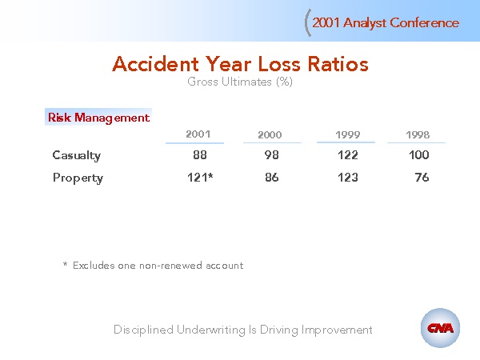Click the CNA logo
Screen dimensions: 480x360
pyautogui.click(x=440, y=328)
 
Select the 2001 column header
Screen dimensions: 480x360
pyautogui.click(x=198, y=134)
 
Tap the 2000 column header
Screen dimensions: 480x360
pyautogui.click(x=270, y=134)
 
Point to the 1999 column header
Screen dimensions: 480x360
pyautogui.click(x=348, y=134)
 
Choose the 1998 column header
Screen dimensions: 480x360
pyautogui.click(x=418, y=134)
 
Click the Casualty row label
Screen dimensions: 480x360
pyautogui.click(x=77, y=155)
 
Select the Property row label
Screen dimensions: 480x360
pyautogui.click(x=78, y=178)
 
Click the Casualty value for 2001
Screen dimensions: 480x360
pyautogui.click(x=200, y=155)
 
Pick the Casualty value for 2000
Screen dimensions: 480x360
pyautogui.click(x=272, y=155)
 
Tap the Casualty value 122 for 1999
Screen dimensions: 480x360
pyautogui.click(x=348, y=155)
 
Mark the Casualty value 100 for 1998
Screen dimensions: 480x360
pyautogui.click(x=419, y=155)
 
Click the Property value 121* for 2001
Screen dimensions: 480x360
pyautogui.click(x=200, y=178)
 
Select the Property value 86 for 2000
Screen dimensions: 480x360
pyautogui.click(x=272, y=178)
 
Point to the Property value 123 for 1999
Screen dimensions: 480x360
pyautogui.click(x=348, y=178)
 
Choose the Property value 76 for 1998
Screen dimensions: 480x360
pyautogui.click(x=422, y=178)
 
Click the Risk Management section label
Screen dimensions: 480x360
pyautogui.click(x=98, y=118)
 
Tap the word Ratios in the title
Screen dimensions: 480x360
pyautogui.click(x=338, y=64)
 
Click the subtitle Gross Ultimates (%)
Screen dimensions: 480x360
pyautogui.click(x=240, y=82)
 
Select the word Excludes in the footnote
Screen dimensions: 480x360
pyautogui.click(x=94, y=265)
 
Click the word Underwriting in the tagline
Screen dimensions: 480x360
pyautogui.click(x=211, y=330)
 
